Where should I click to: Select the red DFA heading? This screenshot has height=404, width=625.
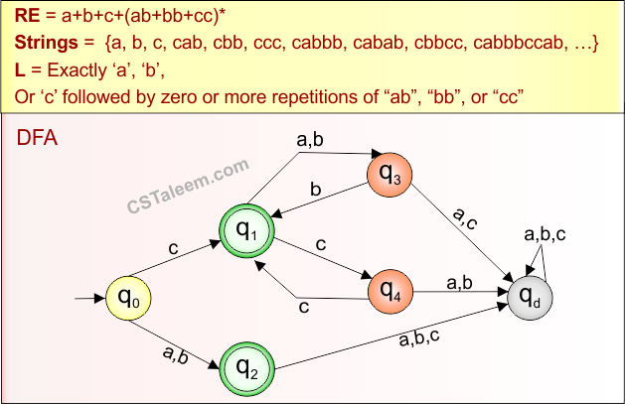[x=37, y=138]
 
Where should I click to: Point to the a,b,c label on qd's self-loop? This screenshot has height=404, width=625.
[x=544, y=233]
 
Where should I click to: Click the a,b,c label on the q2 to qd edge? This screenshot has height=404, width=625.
[x=420, y=339]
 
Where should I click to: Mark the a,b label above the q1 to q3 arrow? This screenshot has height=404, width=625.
[x=310, y=142]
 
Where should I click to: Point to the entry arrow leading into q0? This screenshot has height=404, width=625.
[x=90, y=296]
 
